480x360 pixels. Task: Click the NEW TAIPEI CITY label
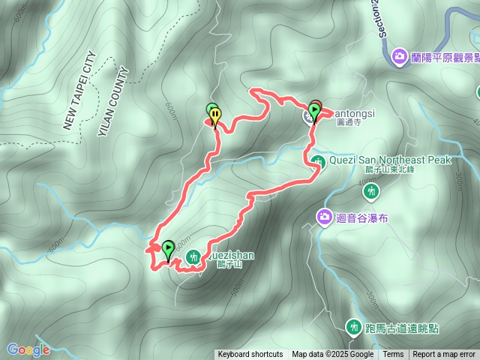point(79,91)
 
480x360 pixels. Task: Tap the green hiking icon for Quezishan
point(193,257)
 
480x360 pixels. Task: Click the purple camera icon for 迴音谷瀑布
point(324,217)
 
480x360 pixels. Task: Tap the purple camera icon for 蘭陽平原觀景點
point(399,56)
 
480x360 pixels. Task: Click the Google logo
point(28,349)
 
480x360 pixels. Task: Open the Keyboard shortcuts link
point(250,355)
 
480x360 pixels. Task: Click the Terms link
point(393,355)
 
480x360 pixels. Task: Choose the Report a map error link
point(444,355)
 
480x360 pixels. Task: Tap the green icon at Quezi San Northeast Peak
point(319,160)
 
